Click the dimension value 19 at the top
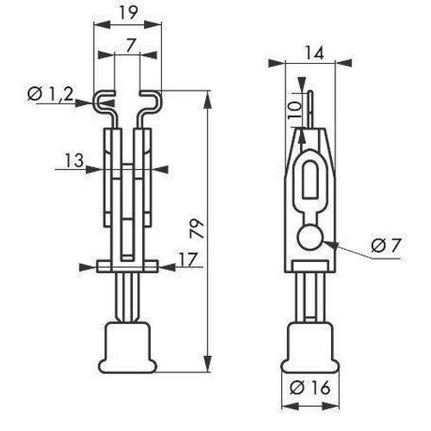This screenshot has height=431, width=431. coord(128,13)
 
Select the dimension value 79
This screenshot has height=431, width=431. coord(197,228)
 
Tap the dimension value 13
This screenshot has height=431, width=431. coord(74,160)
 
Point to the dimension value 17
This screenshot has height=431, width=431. coord(189,259)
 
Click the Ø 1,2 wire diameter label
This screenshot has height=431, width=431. coord(51,94)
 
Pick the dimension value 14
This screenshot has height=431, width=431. coord(314,53)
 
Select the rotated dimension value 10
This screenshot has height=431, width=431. coord(295,110)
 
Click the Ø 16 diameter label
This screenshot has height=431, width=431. coord(310,388)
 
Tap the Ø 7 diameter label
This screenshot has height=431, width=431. coord(385,246)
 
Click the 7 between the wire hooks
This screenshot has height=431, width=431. coord(130,46)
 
